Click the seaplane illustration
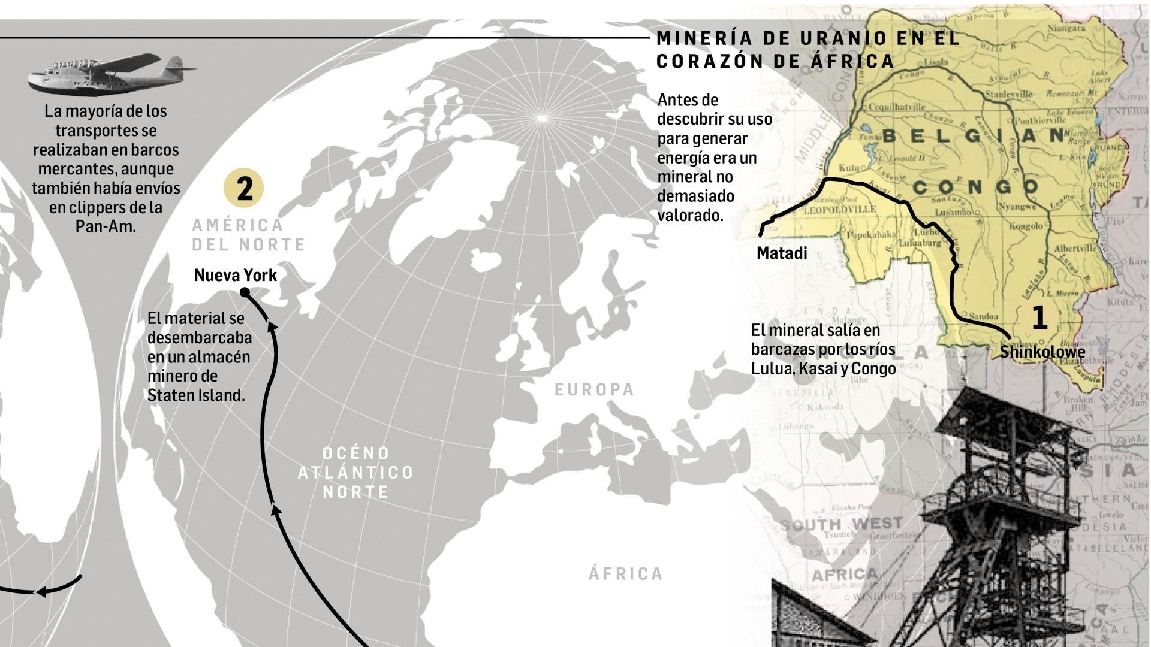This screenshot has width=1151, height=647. [112, 73]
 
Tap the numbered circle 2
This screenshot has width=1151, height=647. [245, 188]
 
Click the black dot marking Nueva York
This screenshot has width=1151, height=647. [245, 292]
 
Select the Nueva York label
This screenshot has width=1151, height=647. [235, 276]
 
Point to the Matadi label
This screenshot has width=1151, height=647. [782, 253]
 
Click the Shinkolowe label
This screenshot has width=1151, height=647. [1042, 352]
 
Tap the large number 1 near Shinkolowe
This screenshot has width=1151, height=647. [1039, 318]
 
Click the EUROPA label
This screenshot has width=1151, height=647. [594, 390]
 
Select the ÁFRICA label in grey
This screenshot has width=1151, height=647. [626, 574]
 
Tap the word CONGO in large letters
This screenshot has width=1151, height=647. [976, 188]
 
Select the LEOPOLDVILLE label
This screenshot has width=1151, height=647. [839, 210]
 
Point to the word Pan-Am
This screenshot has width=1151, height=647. [106, 226]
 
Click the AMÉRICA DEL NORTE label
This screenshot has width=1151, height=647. [248, 235]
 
